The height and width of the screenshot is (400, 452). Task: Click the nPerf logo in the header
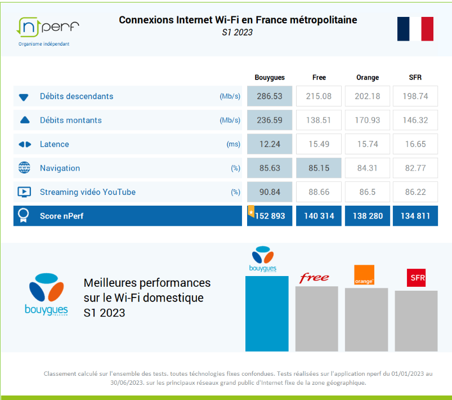click(48, 27)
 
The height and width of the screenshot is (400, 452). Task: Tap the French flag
click(415, 29)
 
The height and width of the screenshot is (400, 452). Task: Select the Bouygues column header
click(270, 77)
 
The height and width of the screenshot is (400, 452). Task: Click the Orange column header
click(367, 77)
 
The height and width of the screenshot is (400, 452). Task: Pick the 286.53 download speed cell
click(270, 96)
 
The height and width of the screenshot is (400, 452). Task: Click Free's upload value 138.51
click(319, 120)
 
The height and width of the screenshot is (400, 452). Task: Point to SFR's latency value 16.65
click(416, 144)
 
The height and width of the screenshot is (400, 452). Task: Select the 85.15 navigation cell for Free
click(319, 168)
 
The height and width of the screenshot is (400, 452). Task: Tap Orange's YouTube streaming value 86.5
click(367, 192)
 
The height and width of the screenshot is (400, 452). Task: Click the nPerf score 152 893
click(270, 216)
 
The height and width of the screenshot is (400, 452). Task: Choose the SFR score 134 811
click(416, 216)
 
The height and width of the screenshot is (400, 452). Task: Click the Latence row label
click(55, 144)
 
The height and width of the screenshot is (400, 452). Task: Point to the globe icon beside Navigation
click(24, 168)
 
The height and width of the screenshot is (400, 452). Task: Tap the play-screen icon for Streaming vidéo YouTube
click(24, 192)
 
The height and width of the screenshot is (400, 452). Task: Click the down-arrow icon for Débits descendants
click(24, 97)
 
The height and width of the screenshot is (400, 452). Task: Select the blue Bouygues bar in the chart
click(267, 313)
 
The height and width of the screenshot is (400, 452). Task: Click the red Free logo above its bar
click(314, 278)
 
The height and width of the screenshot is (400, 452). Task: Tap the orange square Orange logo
click(364, 275)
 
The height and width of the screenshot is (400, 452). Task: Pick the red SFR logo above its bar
click(417, 278)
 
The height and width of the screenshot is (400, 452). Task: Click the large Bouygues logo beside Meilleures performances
click(46, 294)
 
